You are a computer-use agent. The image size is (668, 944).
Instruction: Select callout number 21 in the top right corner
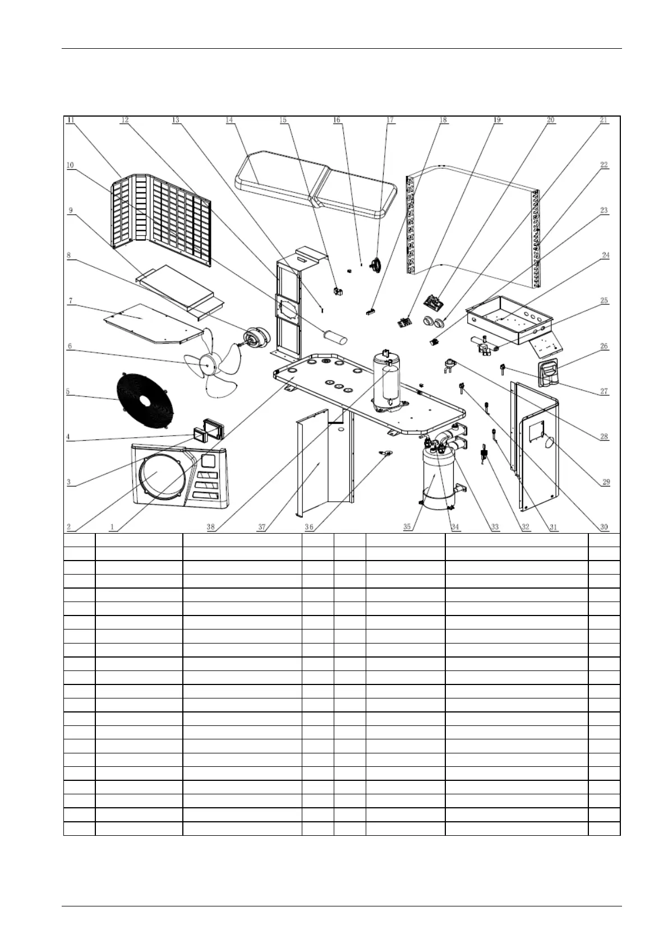click(x=603, y=120)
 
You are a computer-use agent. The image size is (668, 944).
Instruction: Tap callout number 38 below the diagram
click(x=211, y=527)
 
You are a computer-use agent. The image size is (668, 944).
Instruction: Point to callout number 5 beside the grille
click(x=68, y=391)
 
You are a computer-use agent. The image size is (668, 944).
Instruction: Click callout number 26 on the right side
click(x=604, y=346)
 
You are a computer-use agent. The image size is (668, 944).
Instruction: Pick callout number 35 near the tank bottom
click(x=407, y=527)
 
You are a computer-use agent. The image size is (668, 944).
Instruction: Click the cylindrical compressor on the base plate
click(x=387, y=381)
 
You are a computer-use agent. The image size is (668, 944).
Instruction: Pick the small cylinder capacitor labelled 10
click(x=334, y=335)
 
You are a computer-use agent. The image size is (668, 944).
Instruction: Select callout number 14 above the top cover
click(x=229, y=120)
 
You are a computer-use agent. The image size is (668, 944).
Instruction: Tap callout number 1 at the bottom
click(x=113, y=527)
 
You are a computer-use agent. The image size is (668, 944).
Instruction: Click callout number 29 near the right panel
click(x=606, y=482)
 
